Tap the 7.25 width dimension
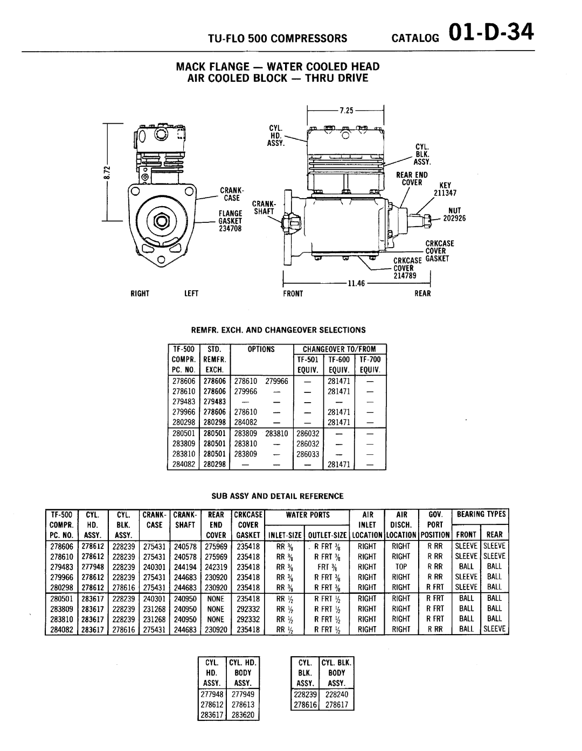click(345, 110)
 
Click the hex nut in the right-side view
click(160, 221)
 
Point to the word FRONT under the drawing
click(293, 294)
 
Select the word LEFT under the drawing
click(191, 294)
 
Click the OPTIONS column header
click(261, 349)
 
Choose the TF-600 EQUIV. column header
click(339, 364)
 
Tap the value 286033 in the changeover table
click(307, 454)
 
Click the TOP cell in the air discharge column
click(401, 567)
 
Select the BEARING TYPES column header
click(481, 515)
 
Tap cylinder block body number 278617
click(336, 704)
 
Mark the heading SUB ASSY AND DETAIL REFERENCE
click(276, 496)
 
